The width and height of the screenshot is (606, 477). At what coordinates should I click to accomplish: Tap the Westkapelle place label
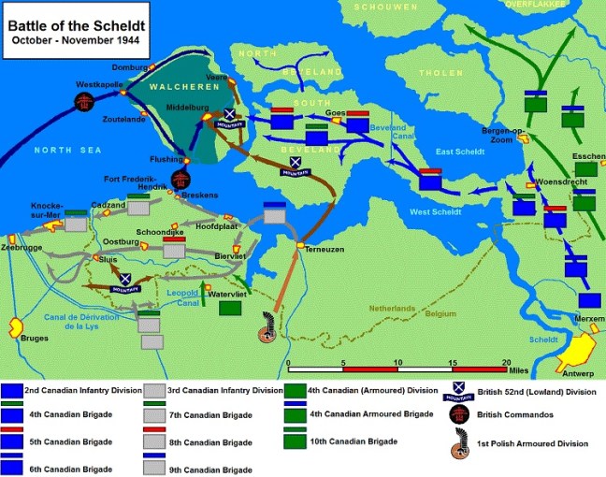pyautogui.click(x=100, y=84)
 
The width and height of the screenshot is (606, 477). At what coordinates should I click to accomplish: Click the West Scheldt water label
pyautogui.click(x=437, y=211)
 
